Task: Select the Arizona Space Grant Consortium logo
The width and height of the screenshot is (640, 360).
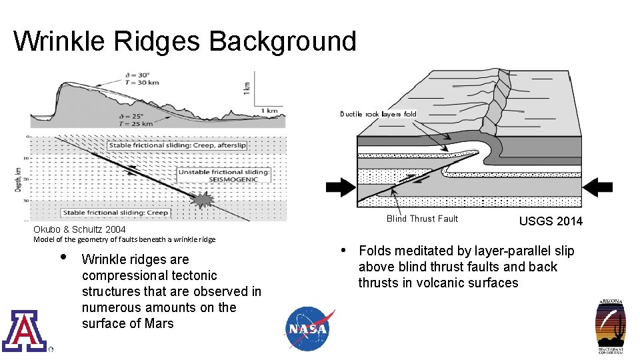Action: (611, 327)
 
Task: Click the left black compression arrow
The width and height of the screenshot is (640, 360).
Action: (341, 188)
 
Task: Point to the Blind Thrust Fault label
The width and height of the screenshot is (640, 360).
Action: (422, 219)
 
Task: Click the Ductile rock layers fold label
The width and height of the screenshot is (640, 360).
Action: (378, 114)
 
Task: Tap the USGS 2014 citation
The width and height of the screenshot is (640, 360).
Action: (551, 221)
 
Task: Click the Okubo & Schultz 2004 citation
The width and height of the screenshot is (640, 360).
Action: (79, 229)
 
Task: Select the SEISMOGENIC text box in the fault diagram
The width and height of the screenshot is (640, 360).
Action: (224, 176)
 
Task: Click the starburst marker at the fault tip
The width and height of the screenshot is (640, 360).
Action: (202, 199)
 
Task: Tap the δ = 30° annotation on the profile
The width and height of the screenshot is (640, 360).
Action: (138, 75)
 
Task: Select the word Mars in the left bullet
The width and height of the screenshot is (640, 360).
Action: (159, 323)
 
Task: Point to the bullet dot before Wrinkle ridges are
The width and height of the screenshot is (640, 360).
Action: (62, 257)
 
